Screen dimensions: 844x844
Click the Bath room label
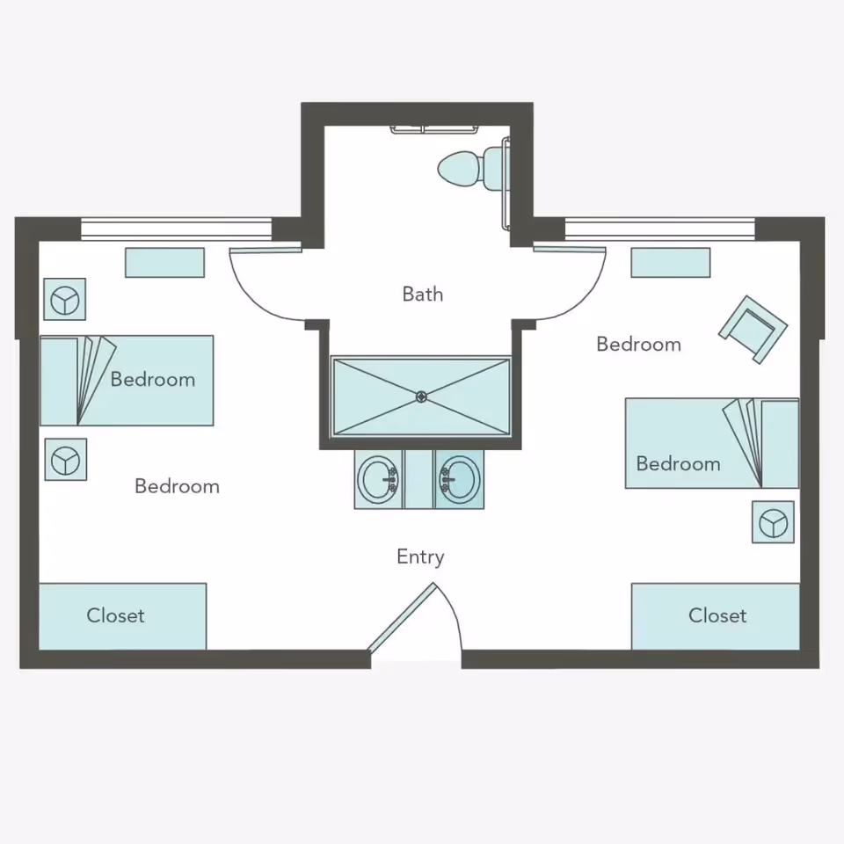coord(423,295)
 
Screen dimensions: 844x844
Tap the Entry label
coord(420,557)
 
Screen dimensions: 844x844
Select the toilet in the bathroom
coord(472,167)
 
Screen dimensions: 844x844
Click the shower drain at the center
coord(421,397)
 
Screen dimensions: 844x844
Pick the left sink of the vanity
coord(378,479)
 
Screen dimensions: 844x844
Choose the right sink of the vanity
coord(459,479)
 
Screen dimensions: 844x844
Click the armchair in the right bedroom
coord(753,330)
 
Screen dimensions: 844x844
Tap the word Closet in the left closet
coord(116,615)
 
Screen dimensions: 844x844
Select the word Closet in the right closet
coord(717,615)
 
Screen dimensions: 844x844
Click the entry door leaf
coord(401,617)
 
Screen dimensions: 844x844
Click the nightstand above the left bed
coord(64,299)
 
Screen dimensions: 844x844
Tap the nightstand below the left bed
coord(66,460)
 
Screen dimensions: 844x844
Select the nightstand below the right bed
coord(773,522)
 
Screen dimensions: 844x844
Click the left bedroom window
coord(177,229)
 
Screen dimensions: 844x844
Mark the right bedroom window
coord(660,229)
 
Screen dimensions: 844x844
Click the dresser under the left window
coord(164,263)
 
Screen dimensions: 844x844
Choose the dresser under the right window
coord(671,263)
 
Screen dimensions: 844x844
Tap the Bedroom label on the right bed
coord(678,464)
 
